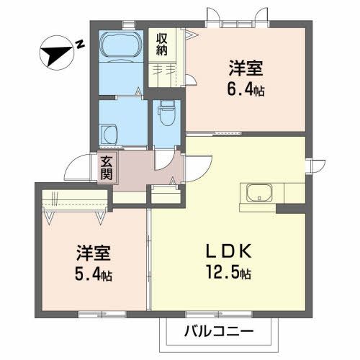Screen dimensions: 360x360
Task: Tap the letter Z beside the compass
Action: [81, 44]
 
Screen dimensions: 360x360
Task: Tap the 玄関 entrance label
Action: [107, 168]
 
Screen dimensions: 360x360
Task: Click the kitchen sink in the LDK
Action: [259, 193]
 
